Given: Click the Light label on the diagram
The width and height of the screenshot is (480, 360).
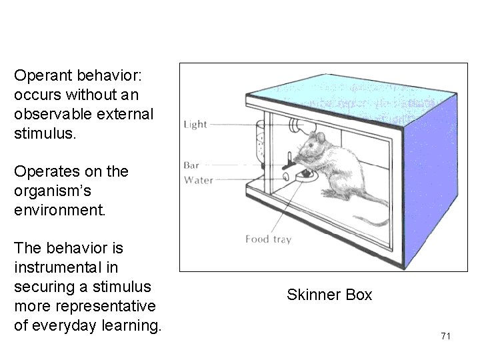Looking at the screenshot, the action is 195,125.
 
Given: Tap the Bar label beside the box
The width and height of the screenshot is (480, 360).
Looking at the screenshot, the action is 192,165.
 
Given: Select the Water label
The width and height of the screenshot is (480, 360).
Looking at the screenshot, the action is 199,180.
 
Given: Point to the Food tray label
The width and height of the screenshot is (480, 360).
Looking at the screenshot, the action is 268,239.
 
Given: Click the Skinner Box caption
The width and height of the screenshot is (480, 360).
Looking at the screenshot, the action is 329,295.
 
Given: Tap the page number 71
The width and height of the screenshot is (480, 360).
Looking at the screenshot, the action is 446,336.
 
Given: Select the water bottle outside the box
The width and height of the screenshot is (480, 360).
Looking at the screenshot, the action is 261,143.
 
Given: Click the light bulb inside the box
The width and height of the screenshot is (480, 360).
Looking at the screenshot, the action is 295,125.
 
